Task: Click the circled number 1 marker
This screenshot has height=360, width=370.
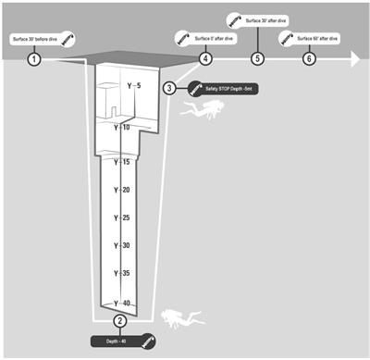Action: [34, 58]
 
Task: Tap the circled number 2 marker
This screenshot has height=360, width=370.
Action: [119, 321]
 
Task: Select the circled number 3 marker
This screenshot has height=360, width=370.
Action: [169, 88]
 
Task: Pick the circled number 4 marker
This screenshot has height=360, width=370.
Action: [204, 58]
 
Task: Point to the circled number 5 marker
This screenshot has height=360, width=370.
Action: [257, 58]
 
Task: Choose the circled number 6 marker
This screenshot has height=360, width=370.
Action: [310, 58]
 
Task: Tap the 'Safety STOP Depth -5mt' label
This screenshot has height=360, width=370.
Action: [219, 90]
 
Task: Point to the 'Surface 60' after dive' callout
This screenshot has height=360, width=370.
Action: [316, 40]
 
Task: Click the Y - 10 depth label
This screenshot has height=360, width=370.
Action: [122, 127]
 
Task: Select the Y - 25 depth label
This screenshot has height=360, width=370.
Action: [122, 217]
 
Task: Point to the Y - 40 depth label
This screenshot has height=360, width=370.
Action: [122, 303]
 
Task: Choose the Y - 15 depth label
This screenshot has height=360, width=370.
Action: [122, 162]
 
